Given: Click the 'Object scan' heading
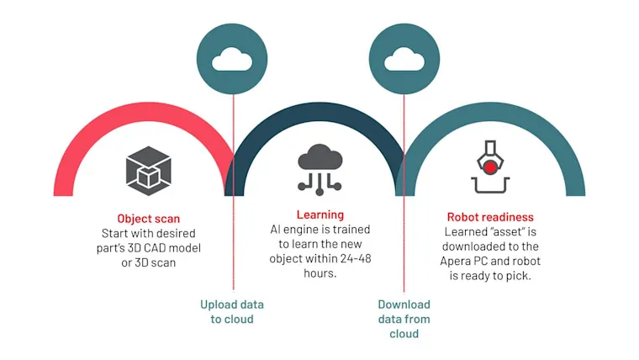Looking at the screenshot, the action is pyautogui.click(x=148, y=219).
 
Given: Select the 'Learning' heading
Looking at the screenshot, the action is pyautogui.click(x=319, y=214).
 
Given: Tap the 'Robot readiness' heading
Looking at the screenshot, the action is pyautogui.click(x=490, y=217).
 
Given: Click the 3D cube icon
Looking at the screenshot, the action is pyautogui.click(x=148, y=171).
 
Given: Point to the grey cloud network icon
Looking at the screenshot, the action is pyautogui.click(x=319, y=170).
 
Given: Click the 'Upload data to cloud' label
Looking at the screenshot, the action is pyautogui.click(x=232, y=311).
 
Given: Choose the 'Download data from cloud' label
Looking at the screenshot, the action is pyautogui.click(x=404, y=319).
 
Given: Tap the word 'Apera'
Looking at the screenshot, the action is pyautogui.click(x=454, y=261).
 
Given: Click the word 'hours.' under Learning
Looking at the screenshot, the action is pyautogui.click(x=319, y=273).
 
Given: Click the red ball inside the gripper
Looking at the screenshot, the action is pyautogui.click(x=490, y=167).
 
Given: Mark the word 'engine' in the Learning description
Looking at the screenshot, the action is pyautogui.click(x=301, y=230).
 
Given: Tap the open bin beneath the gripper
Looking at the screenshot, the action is pyautogui.click(x=490, y=185).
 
